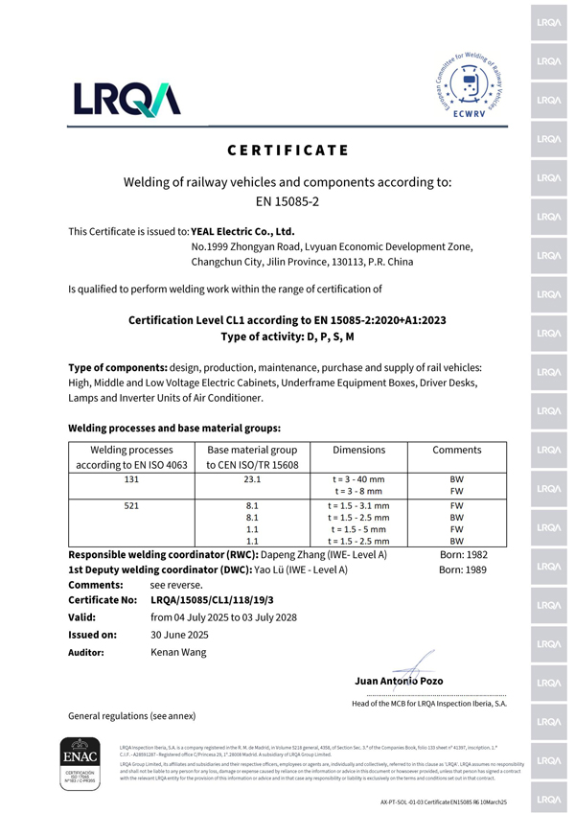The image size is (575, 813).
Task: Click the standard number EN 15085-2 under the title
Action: point(288,201)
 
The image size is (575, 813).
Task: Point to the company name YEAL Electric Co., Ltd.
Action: point(242,231)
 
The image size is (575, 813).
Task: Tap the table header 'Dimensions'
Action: point(358,450)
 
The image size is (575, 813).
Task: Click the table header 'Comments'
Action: point(456,450)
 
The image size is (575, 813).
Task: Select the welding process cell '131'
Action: point(130,478)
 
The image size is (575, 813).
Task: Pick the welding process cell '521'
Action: point(130,504)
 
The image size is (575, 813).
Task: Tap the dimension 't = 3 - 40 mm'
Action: point(358,478)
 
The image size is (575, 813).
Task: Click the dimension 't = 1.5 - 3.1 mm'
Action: point(358,504)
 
